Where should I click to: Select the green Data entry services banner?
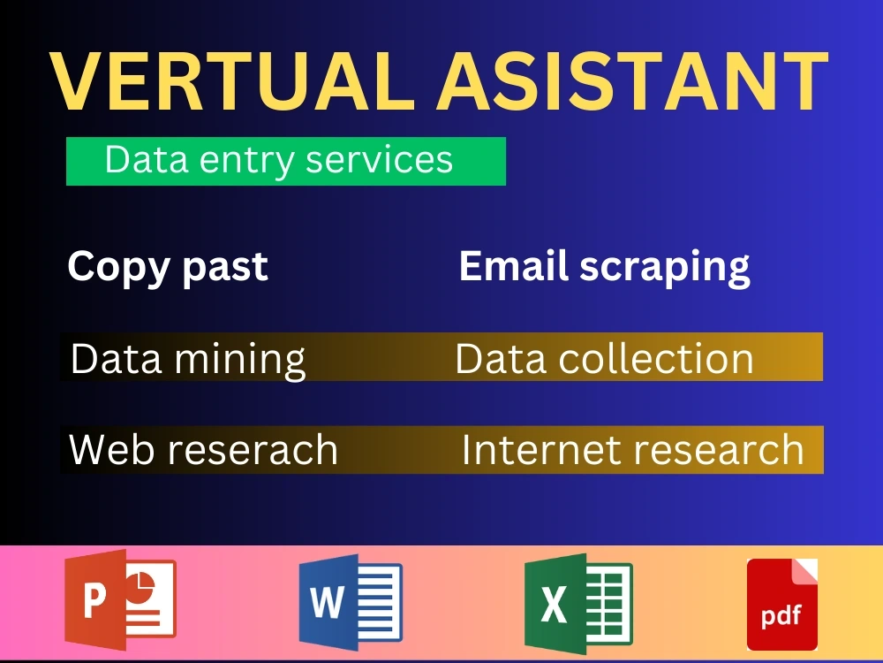coord(285,161)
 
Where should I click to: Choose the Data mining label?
coord(188,358)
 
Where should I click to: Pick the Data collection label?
coord(604,358)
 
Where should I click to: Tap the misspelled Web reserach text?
coord(203,449)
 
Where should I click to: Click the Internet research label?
coord(632,449)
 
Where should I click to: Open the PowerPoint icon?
coord(120,599)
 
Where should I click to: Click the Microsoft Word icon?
coord(351,602)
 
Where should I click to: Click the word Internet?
coord(529,449)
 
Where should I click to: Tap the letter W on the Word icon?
coord(328,604)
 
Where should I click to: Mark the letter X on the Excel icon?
coord(554,606)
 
